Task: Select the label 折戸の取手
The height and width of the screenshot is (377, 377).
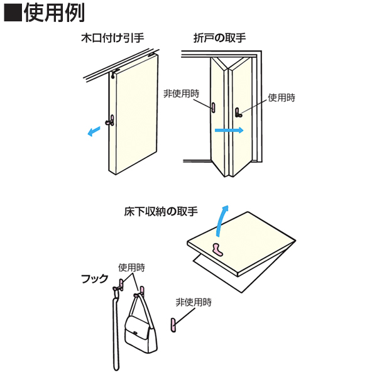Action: pyautogui.click(x=220, y=38)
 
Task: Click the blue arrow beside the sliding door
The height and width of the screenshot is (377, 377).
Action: pyautogui.click(x=93, y=131)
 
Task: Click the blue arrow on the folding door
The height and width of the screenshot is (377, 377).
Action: pyautogui.click(x=229, y=131)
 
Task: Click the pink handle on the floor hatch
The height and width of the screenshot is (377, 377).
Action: pyautogui.click(x=218, y=249)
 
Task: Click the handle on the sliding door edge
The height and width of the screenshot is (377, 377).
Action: pyautogui.click(x=111, y=121)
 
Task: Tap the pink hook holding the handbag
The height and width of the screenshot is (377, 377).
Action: pyautogui.click(x=141, y=291)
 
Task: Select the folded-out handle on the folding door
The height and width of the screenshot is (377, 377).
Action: pyautogui.click(x=238, y=112)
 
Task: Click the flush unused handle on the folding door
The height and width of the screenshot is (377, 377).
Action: pyautogui.click(x=212, y=107)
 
